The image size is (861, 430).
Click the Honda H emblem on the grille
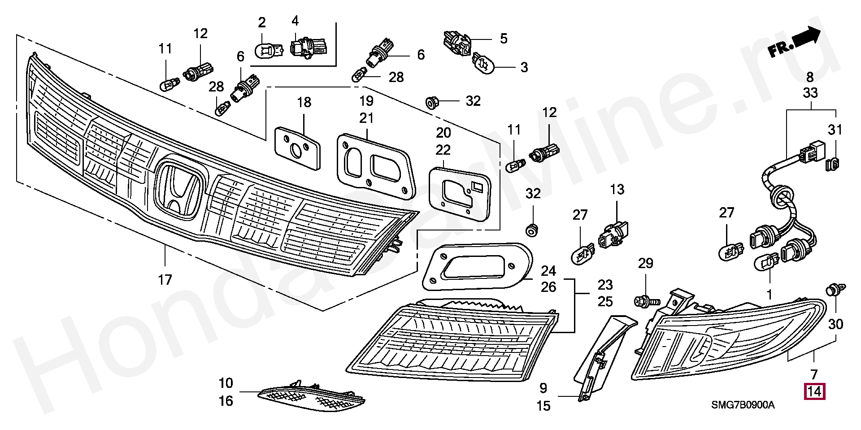click(178, 189)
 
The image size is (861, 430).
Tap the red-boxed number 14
click(814, 392)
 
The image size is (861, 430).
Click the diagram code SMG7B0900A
click(743, 405)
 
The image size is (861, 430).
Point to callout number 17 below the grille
click(165, 280)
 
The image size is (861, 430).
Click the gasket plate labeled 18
click(297, 148)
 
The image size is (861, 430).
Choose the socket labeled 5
click(457, 44)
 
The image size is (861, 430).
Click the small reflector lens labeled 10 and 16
click(311, 398)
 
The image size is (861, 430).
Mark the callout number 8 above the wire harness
click(810, 77)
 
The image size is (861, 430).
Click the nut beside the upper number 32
click(432, 103)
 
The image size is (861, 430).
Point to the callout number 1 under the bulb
click(770, 295)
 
